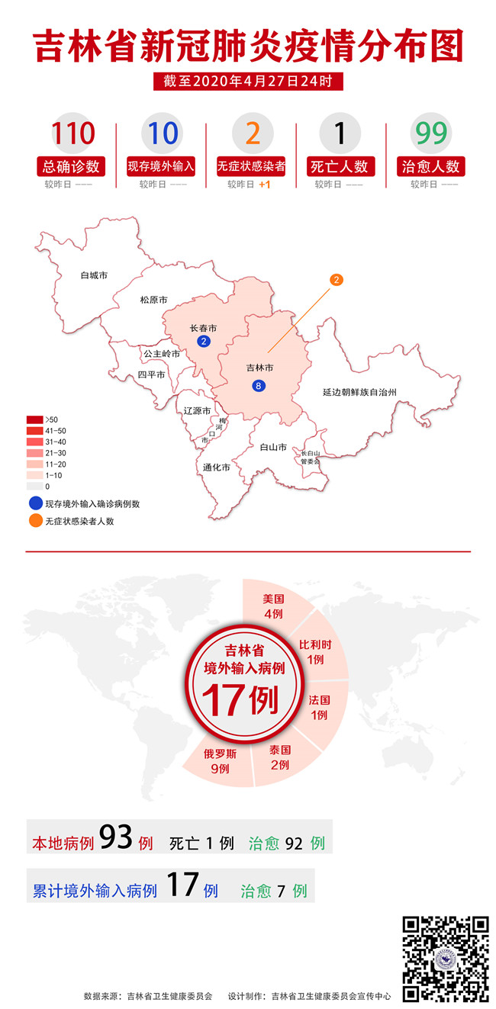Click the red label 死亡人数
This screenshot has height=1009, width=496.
click(x=340, y=165)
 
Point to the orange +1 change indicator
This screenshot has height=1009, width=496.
click(x=265, y=185)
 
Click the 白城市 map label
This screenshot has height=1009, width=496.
click(x=94, y=275)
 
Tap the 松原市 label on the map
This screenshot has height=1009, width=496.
click(x=153, y=300)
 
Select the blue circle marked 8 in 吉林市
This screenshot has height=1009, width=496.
click(x=259, y=386)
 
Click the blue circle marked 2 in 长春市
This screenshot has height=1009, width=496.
click(x=203, y=341)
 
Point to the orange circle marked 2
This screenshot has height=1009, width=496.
click(x=337, y=280)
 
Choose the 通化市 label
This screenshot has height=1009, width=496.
click(x=216, y=468)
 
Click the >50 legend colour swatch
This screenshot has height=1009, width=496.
click(x=35, y=419)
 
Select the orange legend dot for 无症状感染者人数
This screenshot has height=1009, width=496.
click(x=35, y=521)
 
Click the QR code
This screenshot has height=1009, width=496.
click(x=446, y=958)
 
